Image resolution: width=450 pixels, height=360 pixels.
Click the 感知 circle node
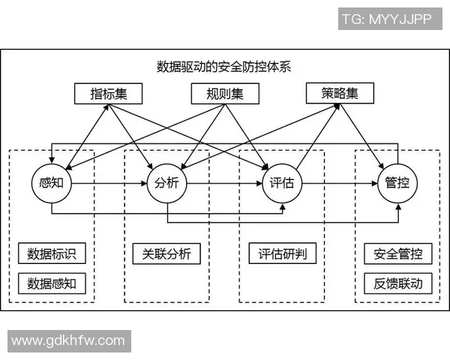(x=52, y=182)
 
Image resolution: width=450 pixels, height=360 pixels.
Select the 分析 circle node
(x=166, y=182)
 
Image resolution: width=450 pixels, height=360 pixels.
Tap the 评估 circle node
(x=281, y=182)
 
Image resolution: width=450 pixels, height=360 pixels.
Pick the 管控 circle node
(x=397, y=182)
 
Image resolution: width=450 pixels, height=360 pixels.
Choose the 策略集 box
(x=340, y=94)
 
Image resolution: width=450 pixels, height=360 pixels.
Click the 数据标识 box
(x=52, y=253)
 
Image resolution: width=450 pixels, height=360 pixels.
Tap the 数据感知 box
(x=52, y=283)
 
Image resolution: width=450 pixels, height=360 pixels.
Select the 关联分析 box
(x=166, y=253)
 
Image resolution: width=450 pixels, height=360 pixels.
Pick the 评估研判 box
(x=281, y=253)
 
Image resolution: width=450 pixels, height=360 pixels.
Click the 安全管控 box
(x=397, y=253)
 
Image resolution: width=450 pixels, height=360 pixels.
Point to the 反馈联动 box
(x=397, y=283)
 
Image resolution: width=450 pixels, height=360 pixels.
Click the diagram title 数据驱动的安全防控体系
(x=223, y=66)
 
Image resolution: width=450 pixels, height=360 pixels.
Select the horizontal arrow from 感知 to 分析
(x=109, y=182)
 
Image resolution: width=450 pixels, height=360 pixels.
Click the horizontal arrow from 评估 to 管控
(x=339, y=182)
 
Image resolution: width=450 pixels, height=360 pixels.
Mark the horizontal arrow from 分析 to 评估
(x=223, y=182)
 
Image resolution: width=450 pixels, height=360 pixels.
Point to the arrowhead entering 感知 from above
(x=52, y=159)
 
